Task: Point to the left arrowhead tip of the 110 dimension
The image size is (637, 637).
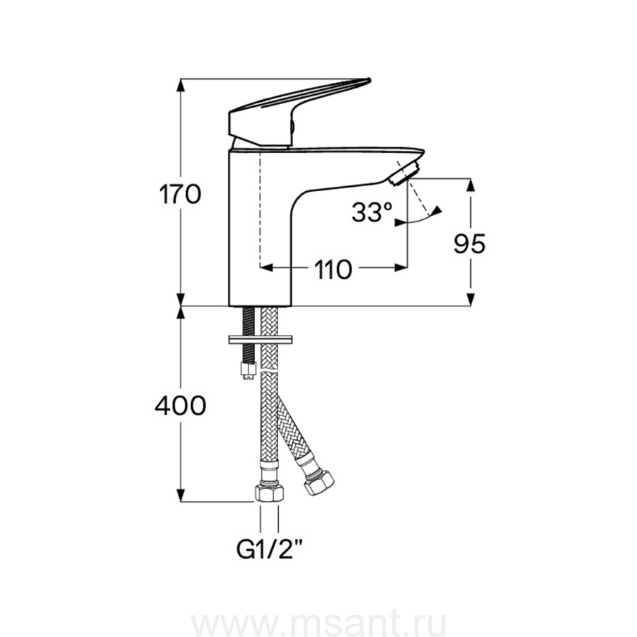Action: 260,268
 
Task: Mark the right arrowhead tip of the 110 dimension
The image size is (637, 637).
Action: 407,268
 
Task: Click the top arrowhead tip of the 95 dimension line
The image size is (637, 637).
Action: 471,178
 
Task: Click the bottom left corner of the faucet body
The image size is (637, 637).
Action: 229,306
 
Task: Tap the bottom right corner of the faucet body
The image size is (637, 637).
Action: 292,306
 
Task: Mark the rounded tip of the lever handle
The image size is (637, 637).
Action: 369,79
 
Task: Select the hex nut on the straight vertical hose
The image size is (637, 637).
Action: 270,493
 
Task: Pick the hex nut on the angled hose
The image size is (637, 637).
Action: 319,482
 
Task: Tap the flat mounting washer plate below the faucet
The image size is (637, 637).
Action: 260,340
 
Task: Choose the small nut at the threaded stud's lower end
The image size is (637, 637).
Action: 248,370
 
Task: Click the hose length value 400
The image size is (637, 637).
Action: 180,405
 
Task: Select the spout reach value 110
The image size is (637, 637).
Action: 333,270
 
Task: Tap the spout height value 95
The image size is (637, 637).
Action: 470,243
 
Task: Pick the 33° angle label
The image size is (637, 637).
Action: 372,212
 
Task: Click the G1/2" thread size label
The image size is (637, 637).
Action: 270,550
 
